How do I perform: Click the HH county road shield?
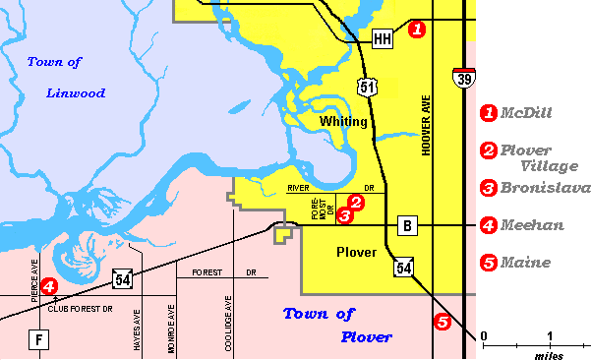coord(384,38)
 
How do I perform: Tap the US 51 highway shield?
coord(367,88)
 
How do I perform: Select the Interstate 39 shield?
coord(463,78)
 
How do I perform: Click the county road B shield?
coord(406,226)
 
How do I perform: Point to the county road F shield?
coord(39,341)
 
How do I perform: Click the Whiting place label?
coord(343,122)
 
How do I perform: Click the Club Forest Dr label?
coord(81,308)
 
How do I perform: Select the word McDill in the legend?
coord(526,113)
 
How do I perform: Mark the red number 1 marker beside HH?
coord(417,30)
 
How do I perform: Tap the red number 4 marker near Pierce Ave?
coord(48,286)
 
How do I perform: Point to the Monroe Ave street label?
coord(172,327)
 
